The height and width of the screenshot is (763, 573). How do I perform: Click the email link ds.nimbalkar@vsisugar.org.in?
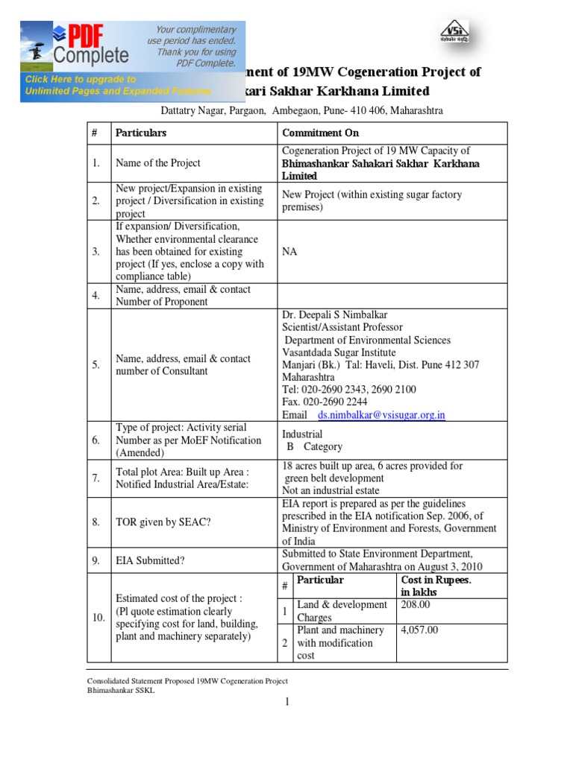[381, 415]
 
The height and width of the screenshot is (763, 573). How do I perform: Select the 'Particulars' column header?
[141, 133]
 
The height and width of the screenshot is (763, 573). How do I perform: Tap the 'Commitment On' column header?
[320, 133]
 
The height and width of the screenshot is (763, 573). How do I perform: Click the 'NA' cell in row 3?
[289, 252]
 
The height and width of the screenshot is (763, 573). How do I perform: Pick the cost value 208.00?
[416, 605]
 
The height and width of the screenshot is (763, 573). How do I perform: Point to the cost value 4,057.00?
[419, 630]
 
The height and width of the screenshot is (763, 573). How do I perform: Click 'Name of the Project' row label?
[157, 163]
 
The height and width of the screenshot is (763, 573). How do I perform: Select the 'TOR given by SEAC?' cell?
[163, 522]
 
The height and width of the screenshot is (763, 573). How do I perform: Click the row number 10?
[98, 618]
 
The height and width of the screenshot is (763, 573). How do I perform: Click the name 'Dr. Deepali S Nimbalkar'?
[334, 314]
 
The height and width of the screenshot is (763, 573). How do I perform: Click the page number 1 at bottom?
[286, 702]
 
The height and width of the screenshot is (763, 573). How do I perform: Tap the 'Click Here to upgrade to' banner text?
[81, 79]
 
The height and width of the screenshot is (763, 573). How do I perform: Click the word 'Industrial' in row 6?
[302, 434]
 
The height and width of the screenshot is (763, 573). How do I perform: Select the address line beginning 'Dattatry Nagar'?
[302, 110]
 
